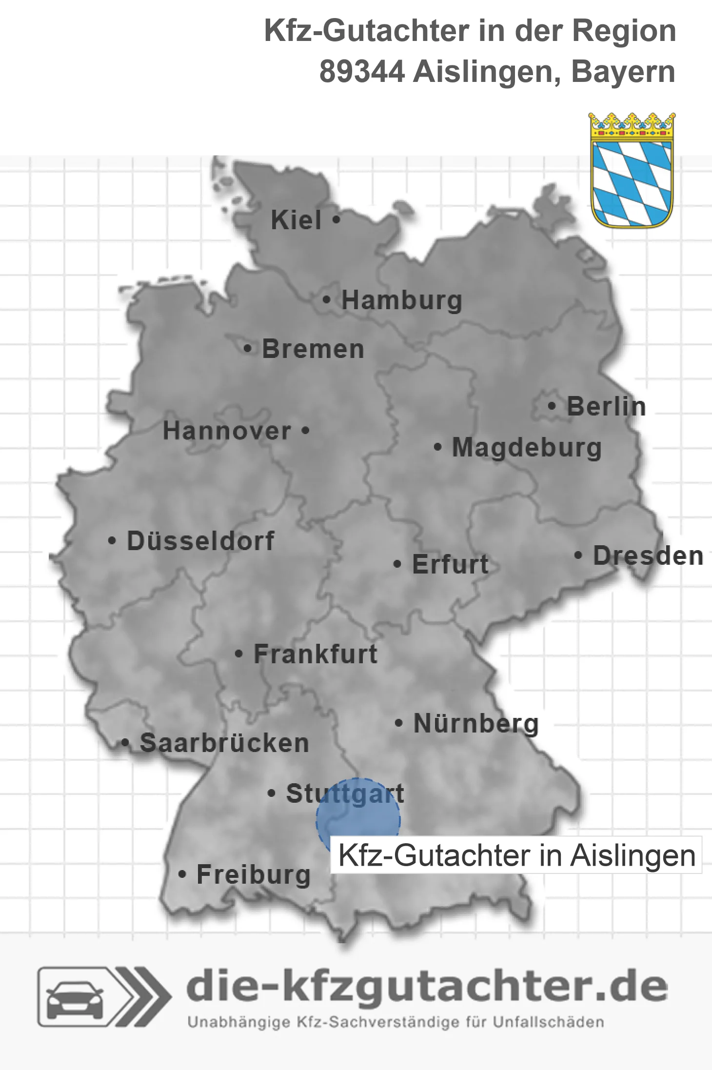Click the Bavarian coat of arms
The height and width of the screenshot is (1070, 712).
tap(632, 171)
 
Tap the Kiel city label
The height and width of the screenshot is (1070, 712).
tap(296, 220)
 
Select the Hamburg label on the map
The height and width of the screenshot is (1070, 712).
tap(401, 300)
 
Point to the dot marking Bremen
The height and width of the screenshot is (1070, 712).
tap(248, 349)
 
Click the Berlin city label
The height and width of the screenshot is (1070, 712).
tap(606, 406)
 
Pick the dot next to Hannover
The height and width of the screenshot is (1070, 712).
tap(305, 431)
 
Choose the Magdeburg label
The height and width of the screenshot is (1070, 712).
tap(527, 447)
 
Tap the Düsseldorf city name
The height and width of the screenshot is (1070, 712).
tap(200, 541)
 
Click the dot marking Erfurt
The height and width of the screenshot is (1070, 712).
tap(397, 564)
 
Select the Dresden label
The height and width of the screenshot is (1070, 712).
tap(648, 555)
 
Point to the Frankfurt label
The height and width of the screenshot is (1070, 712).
tap(316, 654)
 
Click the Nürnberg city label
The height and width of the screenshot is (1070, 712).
tap(476, 723)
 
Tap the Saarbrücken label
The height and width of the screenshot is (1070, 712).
tap(224, 743)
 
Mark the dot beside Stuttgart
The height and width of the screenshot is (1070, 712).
tap(272, 793)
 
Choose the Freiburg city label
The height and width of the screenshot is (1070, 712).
tap(254, 874)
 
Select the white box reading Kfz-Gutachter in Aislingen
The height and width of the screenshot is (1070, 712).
tap(516, 855)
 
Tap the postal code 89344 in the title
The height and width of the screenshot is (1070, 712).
tap(362, 72)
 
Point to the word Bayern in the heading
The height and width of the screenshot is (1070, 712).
tap(623, 72)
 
